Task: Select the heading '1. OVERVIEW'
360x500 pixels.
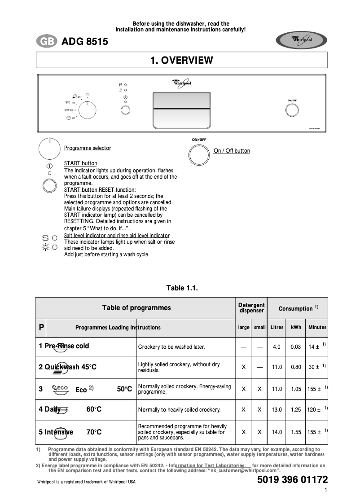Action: coord(181,60)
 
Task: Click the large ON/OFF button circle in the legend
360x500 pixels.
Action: coord(199,155)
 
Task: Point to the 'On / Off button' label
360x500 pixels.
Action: coord(232,151)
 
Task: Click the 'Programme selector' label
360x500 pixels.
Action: coord(88,148)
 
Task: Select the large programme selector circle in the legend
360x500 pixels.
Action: coord(49,149)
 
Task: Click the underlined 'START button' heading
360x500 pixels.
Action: coord(80,163)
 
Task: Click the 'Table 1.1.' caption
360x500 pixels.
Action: coord(182,288)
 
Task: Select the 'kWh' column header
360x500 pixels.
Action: coord(296,328)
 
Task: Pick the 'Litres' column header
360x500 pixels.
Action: coord(277,328)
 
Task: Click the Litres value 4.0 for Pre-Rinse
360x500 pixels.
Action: coord(277,347)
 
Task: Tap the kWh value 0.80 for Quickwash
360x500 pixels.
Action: coord(296,367)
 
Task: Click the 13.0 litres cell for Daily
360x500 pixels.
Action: coord(277,410)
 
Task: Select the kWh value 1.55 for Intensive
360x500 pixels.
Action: coord(296,432)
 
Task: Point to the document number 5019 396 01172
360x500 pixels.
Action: coord(292,480)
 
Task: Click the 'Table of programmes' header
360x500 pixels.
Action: coord(136,308)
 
